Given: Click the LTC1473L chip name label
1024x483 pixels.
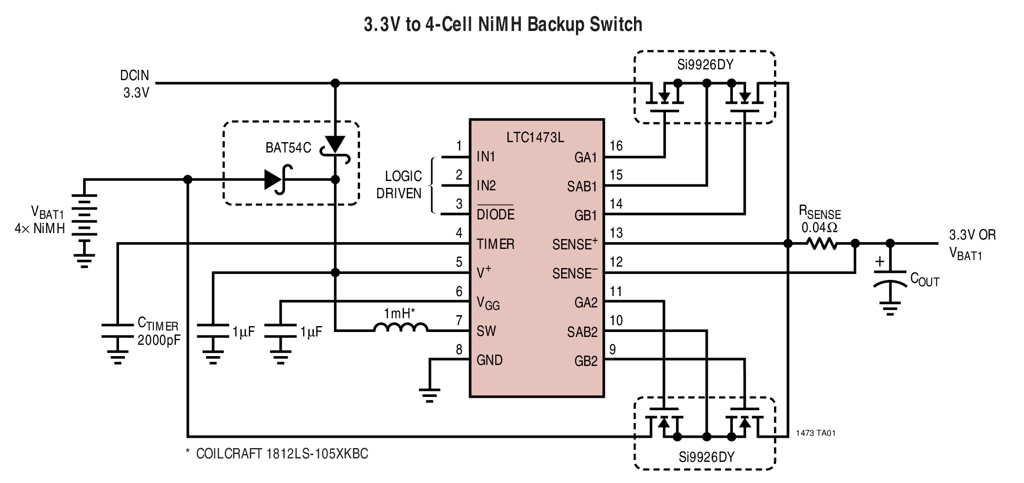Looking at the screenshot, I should [x=535, y=137].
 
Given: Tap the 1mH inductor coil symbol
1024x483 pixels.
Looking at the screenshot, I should [x=400, y=328].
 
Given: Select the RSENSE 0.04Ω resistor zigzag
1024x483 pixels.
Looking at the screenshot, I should [x=821, y=243].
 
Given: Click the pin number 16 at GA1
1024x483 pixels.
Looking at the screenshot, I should [x=616, y=146].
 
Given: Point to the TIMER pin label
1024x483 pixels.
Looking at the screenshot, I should [x=495, y=244].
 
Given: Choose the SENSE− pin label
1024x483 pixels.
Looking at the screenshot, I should [x=574, y=273].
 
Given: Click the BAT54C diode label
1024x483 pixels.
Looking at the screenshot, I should [x=288, y=148].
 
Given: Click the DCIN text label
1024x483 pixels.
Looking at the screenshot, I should [x=134, y=76].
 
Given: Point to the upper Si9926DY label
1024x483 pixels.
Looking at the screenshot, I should [x=705, y=65].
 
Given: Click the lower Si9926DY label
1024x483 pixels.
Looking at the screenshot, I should [x=706, y=457].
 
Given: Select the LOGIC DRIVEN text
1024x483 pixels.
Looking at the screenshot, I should [x=399, y=184].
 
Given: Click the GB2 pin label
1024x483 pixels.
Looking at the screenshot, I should [x=585, y=361].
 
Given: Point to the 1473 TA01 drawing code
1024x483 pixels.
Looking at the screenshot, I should [x=815, y=433].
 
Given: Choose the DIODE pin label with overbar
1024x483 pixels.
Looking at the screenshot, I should [x=495, y=214].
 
